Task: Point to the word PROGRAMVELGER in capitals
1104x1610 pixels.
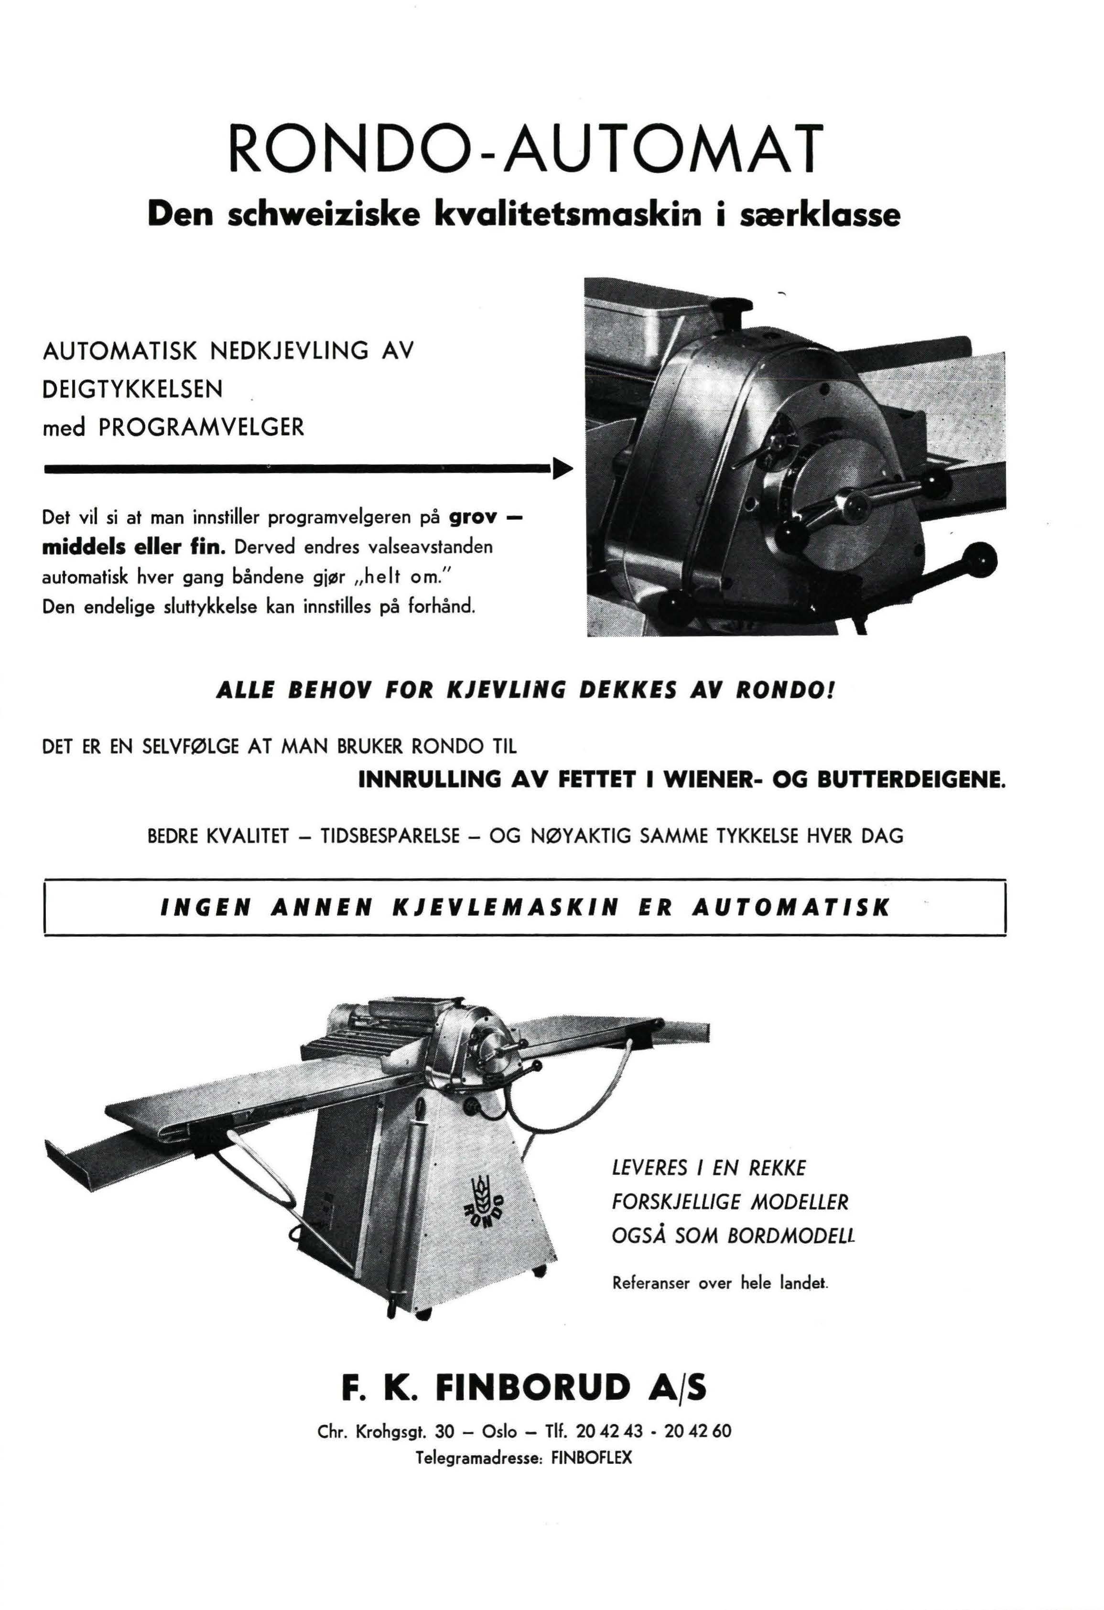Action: (202, 427)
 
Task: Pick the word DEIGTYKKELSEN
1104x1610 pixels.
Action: (133, 389)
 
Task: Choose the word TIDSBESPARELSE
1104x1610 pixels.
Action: (390, 836)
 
